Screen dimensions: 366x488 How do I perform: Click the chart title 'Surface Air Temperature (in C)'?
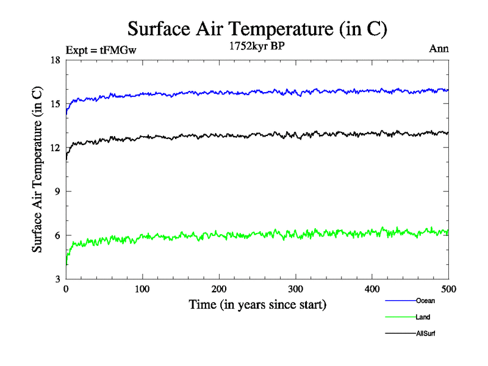pyautogui.click(x=257, y=28)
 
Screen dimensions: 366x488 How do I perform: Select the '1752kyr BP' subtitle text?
pyautogui.click(x=256, y=45)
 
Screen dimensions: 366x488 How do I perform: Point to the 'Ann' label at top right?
pyautogui.click(x=439, y=49)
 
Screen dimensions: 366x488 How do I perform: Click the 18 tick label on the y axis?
pyautogui.click(x=54, y=60)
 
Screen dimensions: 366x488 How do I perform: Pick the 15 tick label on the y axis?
pyautogui.click(x=54, y=104)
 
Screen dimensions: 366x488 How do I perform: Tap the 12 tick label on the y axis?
pyautogui.click(x=54, y=148)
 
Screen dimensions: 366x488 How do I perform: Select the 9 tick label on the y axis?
pyautogui.click(x=56, y=192)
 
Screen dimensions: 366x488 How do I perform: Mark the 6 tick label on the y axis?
pyautogui.click(x=56, y=235)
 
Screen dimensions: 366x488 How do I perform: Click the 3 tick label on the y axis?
pyautogui.click(x=56, y=279)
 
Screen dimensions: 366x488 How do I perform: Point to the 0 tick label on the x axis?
pyautogui.click(x=66, y=289)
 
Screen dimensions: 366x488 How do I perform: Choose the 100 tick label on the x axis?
pyautogui.click(x=142, y=289)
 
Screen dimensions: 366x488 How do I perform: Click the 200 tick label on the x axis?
pyautogui.click(x=219, y=289)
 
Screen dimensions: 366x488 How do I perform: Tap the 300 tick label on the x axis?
pyautogui.click(x=295, y=289)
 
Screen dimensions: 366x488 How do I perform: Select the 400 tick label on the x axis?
pyautogui.click(x=372, y=289)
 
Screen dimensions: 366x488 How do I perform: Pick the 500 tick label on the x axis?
pyautogui.click(x=448, y=289)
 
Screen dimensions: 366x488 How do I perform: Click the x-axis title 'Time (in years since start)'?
pyautogui.click(x=257, y=304)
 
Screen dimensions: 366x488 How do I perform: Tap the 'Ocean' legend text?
pyautogui.click(x=425, y=301)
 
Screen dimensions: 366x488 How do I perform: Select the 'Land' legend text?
pyautogui.click(x=423, y=317)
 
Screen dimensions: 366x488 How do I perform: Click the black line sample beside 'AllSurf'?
pyautogui.click(x=400, y=334)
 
